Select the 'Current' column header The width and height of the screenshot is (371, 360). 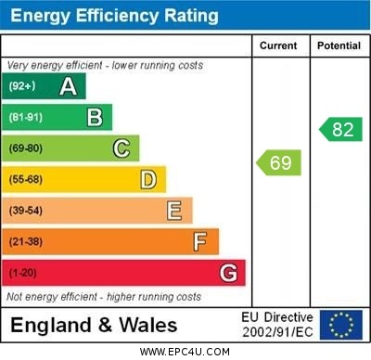(278, 45)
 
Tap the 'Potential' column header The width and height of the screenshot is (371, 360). (339, 45)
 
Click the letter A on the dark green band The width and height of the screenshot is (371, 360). (68, 86)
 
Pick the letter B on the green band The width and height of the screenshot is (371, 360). (95, 117)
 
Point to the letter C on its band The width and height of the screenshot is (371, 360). (121, 148)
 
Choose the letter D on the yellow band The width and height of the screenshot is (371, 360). (147, 179)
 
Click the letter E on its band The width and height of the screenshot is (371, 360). (173, 211)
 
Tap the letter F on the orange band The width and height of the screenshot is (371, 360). (199, 242)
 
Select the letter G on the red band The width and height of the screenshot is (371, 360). (227, 273)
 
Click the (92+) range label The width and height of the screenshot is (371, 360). (24, 86)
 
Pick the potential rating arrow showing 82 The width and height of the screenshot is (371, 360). (340, 129)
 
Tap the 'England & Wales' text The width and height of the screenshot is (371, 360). (93, 326)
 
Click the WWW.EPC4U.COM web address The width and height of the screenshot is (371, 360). (185, 352)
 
